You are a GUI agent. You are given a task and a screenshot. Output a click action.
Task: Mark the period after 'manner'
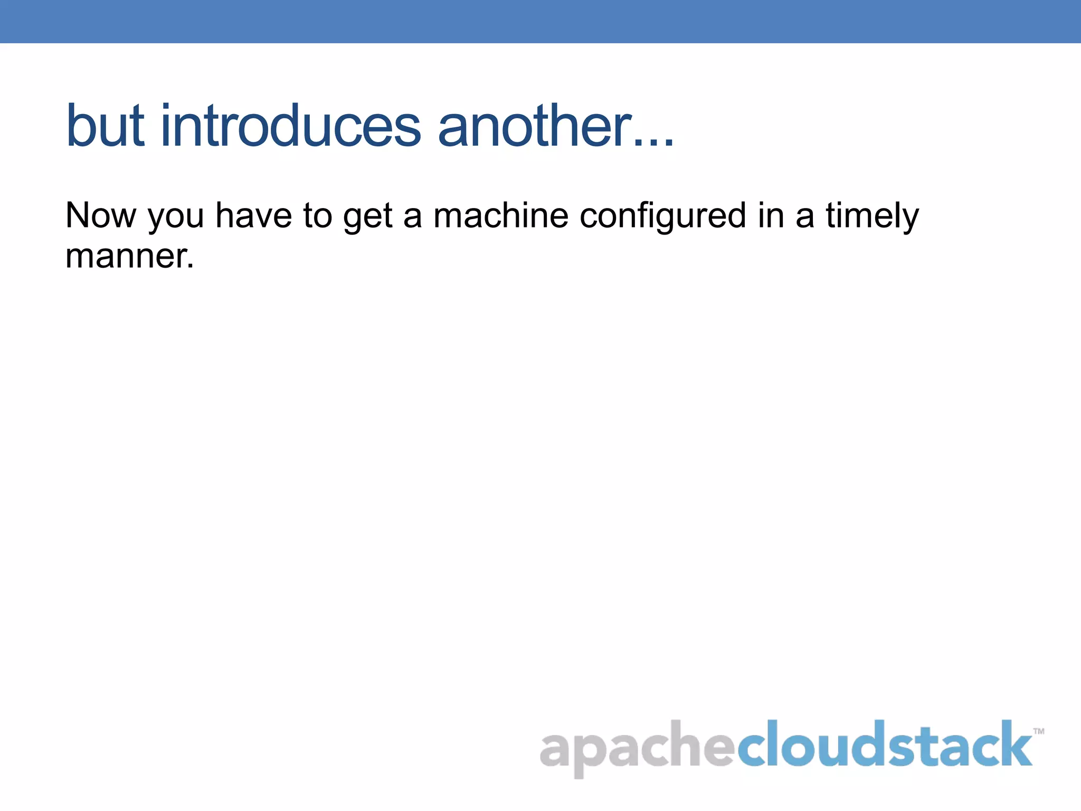tap(191, 267)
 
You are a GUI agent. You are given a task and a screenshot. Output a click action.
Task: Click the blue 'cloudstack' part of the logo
tap(885, 744)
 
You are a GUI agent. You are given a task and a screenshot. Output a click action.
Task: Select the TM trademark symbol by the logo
tap(1038, 731)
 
